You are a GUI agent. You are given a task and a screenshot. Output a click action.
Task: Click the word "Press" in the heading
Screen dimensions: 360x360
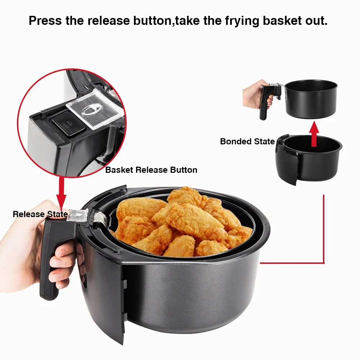(x=45, y=21)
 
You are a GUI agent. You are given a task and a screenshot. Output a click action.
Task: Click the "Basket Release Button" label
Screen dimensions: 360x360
(x=151, y=170)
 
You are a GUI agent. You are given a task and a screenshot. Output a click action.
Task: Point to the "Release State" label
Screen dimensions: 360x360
(x=40, y=214)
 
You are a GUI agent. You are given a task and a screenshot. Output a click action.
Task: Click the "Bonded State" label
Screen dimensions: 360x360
(x=247, y=141)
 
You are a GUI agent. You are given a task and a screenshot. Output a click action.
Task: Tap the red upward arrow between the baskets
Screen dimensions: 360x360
(x=314, y=134)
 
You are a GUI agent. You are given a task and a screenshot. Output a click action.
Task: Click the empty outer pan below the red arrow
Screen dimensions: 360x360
(x=309, y=158)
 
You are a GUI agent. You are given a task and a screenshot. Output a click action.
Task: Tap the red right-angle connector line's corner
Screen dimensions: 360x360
(x=324, y=263)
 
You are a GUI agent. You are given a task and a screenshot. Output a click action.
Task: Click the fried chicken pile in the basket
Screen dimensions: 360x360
(x=184, y=223)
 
